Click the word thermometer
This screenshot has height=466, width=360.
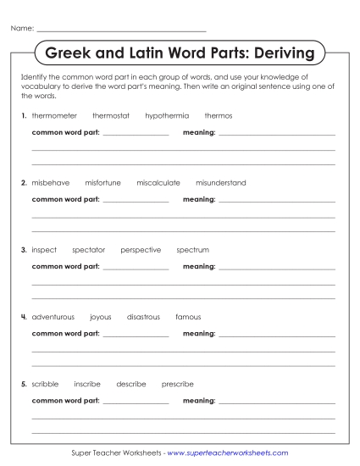tap(54, 115)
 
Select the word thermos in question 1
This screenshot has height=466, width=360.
tap(219, 115)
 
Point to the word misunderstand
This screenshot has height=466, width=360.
tap(220, 182)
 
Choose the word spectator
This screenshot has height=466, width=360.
tap(89, 250)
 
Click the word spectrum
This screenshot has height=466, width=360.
tap(192, 250)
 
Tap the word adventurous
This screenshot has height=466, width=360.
tap(53, 317)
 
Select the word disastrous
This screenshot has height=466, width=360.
tap(143, 317)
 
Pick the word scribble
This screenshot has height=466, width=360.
tap(45, 384)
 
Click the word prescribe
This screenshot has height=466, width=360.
tap(177, 384)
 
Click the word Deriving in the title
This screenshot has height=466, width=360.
tap(277, 54)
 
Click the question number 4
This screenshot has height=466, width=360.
tap(24, 317)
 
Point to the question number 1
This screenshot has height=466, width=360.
tap(24, 115)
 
